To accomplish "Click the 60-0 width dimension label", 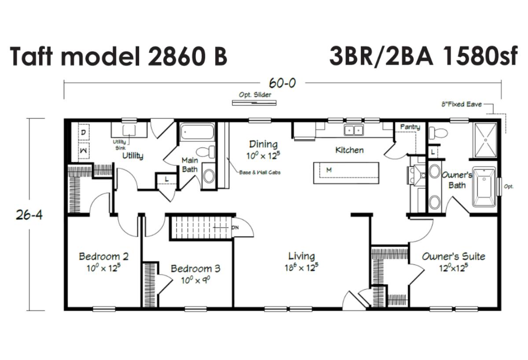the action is tap(282, 83).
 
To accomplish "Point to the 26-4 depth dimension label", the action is tap(29, 215).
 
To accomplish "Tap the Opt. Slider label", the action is tap(255, 95).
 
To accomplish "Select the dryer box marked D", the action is tap(84, 132).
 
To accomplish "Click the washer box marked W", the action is tap(84, 151).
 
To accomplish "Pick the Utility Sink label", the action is tap(120, 145).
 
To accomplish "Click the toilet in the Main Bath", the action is tap(205, 152).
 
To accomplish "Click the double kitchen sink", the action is tap(354, 130).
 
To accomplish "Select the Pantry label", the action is tap(410, 127).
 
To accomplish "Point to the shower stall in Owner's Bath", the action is tap(486, 140).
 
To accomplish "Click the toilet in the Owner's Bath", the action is tap(438, 132).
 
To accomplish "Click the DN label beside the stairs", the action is tap(235, 228).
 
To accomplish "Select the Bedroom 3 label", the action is tap(195, 268).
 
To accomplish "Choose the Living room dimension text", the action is tap(301, 268).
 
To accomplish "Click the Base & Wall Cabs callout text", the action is tap(260, 173).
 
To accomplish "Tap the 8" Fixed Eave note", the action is tap(462, 104).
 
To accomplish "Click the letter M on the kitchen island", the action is tap(329, 170).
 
